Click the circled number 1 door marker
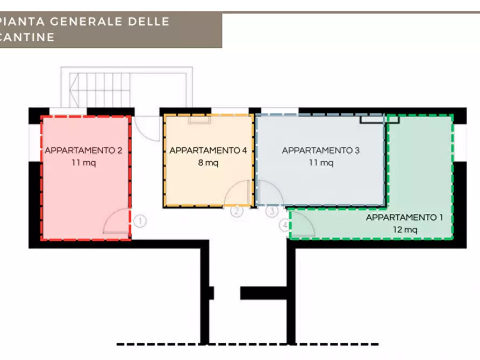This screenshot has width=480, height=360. [140, 221]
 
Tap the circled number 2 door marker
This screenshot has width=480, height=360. [237, 211]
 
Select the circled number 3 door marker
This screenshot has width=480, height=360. [272, 211]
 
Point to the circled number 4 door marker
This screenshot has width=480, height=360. [284, 226]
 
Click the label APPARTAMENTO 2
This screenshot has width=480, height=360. [83, 150]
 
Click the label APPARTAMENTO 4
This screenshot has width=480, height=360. [208, 150]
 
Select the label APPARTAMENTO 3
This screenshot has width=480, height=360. [320, 150]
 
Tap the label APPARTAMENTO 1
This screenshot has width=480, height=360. [404, 218]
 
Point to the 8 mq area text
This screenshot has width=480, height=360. [208, 163]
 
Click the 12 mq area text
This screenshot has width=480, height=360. [404, 229]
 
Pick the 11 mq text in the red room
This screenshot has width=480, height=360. [83, 163]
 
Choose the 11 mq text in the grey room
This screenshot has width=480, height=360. [320, 163]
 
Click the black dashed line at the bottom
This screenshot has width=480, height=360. [247, 344]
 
